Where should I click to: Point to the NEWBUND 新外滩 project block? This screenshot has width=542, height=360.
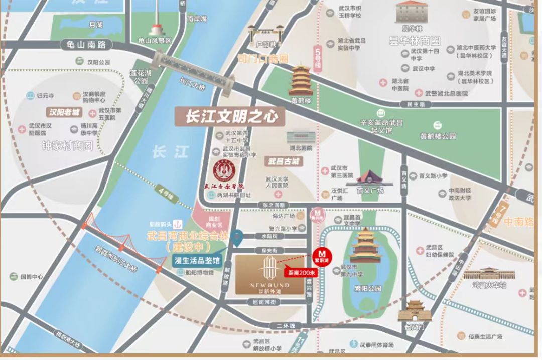270,275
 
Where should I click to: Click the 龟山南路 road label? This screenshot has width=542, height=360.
86,45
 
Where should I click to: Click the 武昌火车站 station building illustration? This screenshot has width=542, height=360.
482,274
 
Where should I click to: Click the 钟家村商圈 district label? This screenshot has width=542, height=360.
68,146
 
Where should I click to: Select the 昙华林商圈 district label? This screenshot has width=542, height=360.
414,41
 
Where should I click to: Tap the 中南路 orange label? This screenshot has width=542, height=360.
519,222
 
